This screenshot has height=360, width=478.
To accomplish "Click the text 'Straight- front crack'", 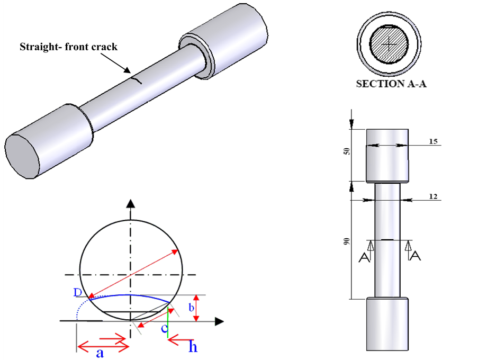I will point(68,47).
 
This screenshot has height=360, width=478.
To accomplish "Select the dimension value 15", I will point(434,142).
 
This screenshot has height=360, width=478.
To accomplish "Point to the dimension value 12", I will point(434,196).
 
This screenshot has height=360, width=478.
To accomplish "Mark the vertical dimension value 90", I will point(347,241).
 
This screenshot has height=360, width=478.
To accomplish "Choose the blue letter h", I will point(193,347).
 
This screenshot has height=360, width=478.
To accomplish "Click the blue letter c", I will point(165,329).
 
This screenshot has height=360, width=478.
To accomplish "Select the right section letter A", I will point(416,257).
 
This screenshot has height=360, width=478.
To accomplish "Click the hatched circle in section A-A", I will point(389,46).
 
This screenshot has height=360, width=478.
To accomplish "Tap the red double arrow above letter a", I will point(103,346).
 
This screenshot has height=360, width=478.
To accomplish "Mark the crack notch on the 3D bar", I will point(137,80).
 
